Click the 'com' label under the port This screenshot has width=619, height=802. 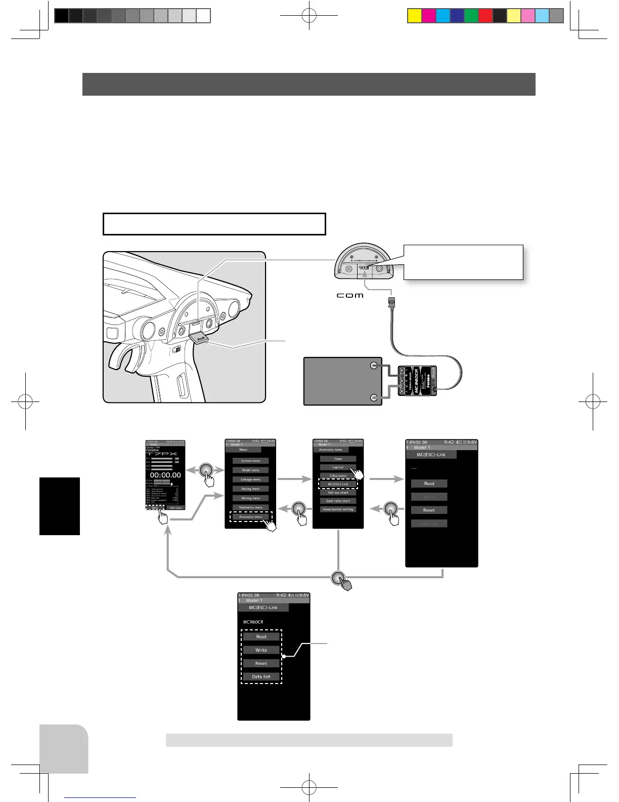point(350,295)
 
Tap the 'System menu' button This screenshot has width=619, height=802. point(251,461)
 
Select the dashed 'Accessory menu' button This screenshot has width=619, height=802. point(251,517)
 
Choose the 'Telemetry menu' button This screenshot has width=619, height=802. point(251,507)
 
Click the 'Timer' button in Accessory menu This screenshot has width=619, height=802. point(338,459)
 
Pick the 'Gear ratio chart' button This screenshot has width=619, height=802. point(338,501)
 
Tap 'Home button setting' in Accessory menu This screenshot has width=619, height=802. point(338,509)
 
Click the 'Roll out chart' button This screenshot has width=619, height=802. point(338,492)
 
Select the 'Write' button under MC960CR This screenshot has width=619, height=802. point(261,650)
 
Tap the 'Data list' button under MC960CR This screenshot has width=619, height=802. point(261,676)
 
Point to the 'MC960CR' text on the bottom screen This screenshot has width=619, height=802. point(253,622)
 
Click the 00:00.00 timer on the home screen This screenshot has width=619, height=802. point(165,475)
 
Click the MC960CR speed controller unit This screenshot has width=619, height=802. point(418,387)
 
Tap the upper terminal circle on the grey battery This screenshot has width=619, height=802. point(374,366)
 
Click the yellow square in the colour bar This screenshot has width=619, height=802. point(414,16)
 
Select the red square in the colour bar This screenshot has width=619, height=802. point(485,16)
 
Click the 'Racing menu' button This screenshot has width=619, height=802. point(251,489)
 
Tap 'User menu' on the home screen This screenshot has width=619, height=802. point(175,507)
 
